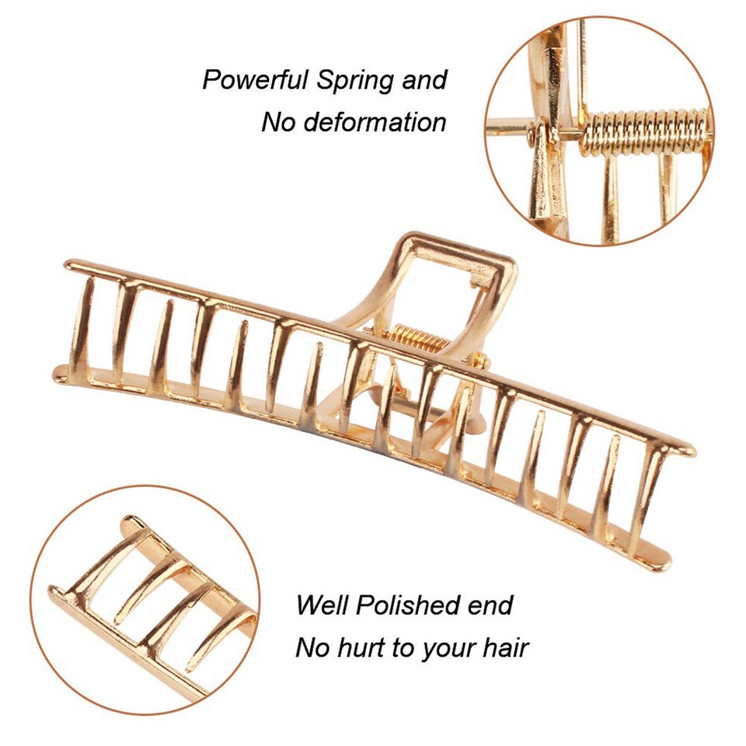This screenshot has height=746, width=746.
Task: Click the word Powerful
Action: [x=256, y=79]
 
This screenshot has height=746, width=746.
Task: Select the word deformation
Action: [x=375, y=122]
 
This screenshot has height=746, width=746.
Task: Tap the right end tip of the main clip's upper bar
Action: [x=692, y=449]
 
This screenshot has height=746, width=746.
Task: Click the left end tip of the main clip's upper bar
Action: [x=68, y=264]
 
